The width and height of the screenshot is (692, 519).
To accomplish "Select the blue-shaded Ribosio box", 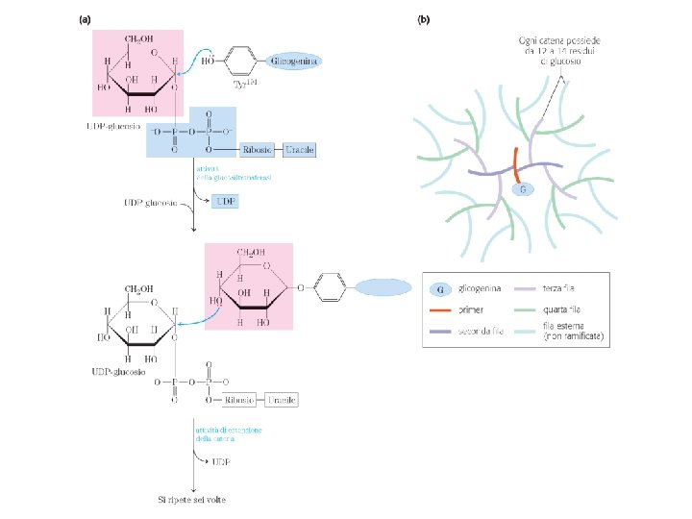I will tap(255, 150).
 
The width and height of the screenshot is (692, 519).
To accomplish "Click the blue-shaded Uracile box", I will tap(299, 150).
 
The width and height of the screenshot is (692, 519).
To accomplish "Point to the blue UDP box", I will tap(226, 201).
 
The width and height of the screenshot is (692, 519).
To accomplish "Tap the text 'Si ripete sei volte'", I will tap(192, 499).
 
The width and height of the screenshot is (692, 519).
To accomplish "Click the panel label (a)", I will tap(86, 18).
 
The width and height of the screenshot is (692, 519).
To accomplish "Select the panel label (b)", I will tap(423, 18).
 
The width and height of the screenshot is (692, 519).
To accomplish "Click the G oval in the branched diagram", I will tap(522, 189).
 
